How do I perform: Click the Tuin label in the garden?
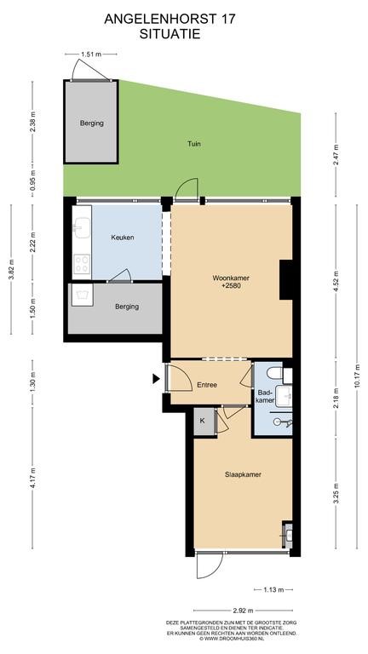[193, 144]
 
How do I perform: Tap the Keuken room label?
[123, 238]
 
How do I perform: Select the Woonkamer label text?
[227, 278]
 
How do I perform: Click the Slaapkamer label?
[244, 474]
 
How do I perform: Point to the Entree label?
[207, 385]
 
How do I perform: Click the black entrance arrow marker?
[156, 379]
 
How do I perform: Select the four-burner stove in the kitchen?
[82, 264]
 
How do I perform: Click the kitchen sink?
[82, 227]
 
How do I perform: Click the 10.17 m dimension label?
[357, 378]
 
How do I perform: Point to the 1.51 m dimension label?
[90, 54]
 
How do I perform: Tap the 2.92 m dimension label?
[244, 611]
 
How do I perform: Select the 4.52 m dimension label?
[336, 279]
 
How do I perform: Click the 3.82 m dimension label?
[11, 270]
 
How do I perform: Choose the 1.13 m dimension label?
[273, 590]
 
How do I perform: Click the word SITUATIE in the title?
[170, 34]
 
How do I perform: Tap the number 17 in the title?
[229, 20]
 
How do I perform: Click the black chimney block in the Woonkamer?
[285, 279]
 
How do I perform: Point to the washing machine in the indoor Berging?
[82, 295]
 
